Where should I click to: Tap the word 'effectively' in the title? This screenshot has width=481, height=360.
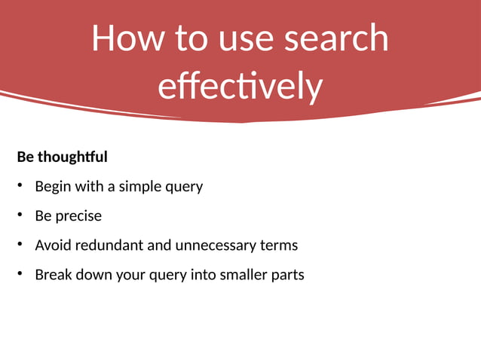[x=240, y=86]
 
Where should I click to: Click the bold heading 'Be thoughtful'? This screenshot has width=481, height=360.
[x=62, y=157]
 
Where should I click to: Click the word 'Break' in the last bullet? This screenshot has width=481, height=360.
[x=52, y=275]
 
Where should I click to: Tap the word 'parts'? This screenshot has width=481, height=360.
[x=288, y=275]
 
